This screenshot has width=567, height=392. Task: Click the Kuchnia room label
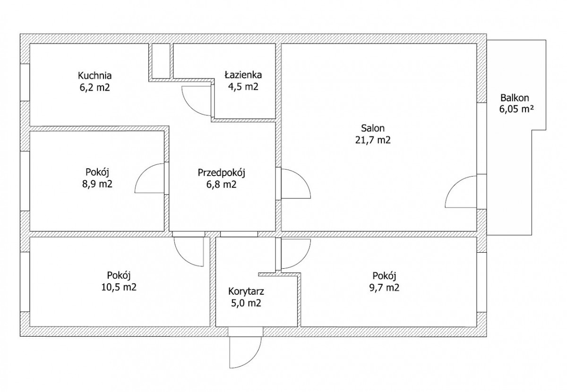tap(94, 76)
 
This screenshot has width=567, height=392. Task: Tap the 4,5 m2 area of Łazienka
tap(243, 87)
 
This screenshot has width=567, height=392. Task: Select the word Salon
tap(373, 128)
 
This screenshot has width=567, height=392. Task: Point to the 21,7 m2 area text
tap(373, 140)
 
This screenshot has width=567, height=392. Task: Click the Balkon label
tap(515, 98)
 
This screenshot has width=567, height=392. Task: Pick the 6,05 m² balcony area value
tap(516, 109)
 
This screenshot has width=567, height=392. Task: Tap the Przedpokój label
tap(222, 173)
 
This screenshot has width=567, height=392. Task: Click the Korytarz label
tap(246, 291)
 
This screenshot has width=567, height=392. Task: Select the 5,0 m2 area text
tap(246, 303)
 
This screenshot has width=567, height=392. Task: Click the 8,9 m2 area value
tap(97, 184)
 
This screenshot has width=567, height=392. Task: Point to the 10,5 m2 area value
tap(119, 287)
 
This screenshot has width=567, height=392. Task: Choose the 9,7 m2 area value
tap(384, 288)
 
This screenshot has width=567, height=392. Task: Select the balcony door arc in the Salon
tap(455, 184)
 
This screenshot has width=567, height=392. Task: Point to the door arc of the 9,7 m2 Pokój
tap(302, 259)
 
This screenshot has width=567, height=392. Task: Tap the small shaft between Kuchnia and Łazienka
tap(161, 61)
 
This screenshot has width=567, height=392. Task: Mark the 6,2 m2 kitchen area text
tap(94, 87)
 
